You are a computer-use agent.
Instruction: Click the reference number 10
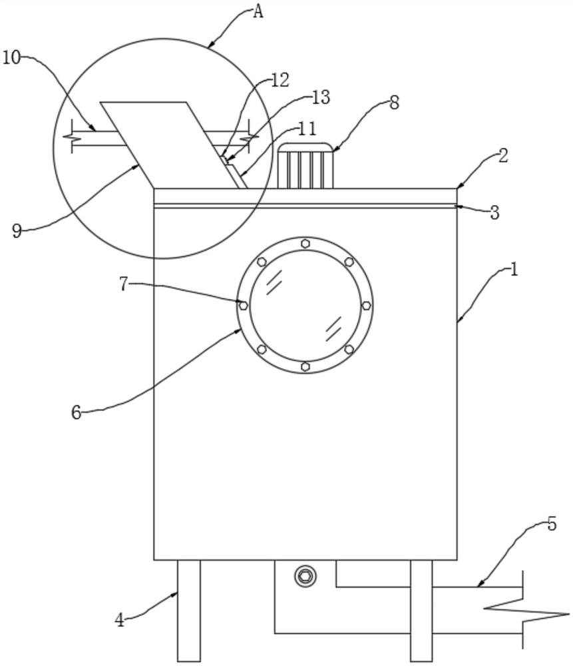11,57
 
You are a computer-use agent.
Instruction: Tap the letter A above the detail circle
258,12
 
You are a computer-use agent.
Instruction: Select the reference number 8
394,103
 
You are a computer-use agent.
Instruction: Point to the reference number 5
551,524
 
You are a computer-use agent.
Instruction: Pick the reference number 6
76,412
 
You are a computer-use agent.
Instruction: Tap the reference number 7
124,284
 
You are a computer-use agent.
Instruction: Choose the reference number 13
321,97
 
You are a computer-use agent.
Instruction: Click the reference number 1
514,269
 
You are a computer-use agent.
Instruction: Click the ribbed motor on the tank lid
305,166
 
